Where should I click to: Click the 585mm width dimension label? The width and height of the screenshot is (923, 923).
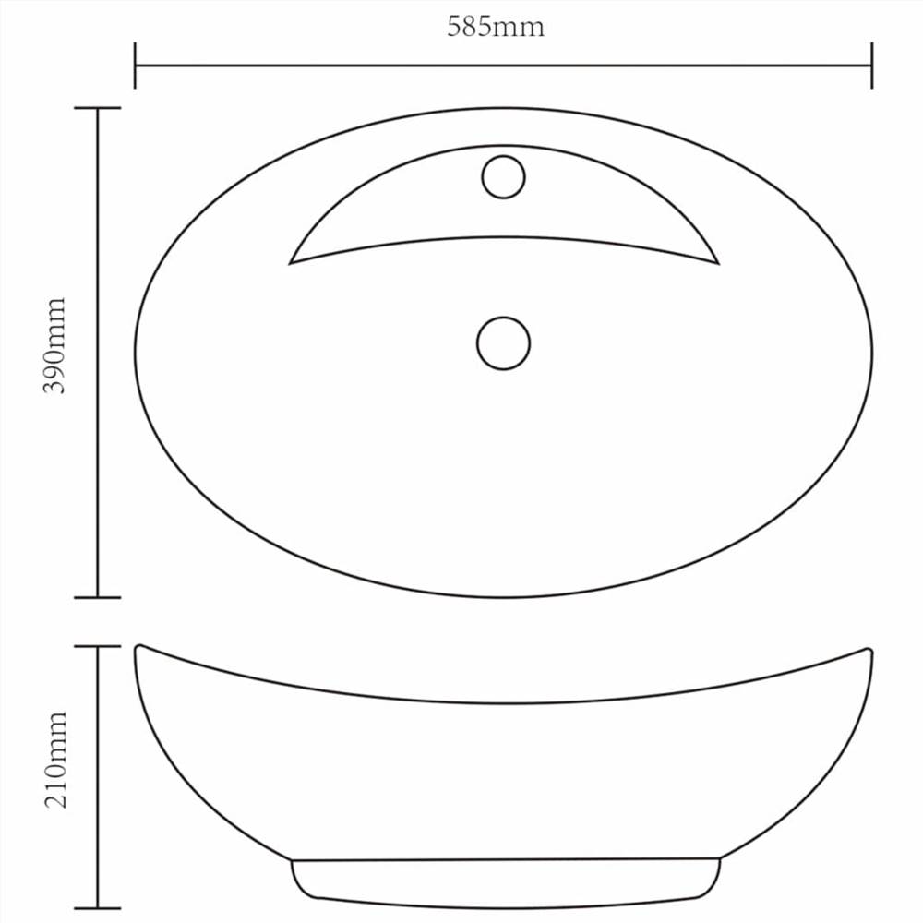point(496,27)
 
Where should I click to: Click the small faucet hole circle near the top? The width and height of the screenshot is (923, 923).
point(503,177)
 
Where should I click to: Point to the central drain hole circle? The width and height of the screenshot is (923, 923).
point(503,343)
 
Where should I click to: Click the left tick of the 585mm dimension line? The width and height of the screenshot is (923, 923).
point(135,66)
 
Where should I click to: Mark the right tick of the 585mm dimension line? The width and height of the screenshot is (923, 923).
point(871,66)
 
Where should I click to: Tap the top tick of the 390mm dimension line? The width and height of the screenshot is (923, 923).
point(97,108)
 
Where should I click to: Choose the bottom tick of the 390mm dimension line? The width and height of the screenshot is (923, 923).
point(97,597)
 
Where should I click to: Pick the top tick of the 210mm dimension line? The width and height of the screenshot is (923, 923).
point(97,647)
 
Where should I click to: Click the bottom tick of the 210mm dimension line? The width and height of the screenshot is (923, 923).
point(97,907)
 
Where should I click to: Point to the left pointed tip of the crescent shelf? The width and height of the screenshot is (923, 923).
point(292,263)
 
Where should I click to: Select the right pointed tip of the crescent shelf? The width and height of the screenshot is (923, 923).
point(716,263)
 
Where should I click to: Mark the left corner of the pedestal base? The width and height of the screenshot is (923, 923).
point(293,862)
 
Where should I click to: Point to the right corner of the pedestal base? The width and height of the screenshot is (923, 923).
point(719,860)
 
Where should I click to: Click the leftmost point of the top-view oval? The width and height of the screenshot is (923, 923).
point(135,352)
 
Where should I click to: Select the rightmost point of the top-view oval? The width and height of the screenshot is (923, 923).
point(872,352)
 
